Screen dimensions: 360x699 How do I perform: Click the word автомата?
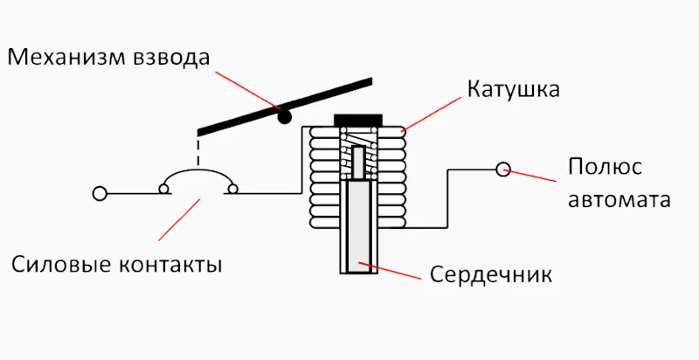[x=619, y=199]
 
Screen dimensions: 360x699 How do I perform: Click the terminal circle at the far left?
[x=100, y=192]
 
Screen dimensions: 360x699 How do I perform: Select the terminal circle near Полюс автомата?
[x=502, y=169]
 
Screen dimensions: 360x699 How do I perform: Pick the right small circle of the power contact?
[x=232, y=188]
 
